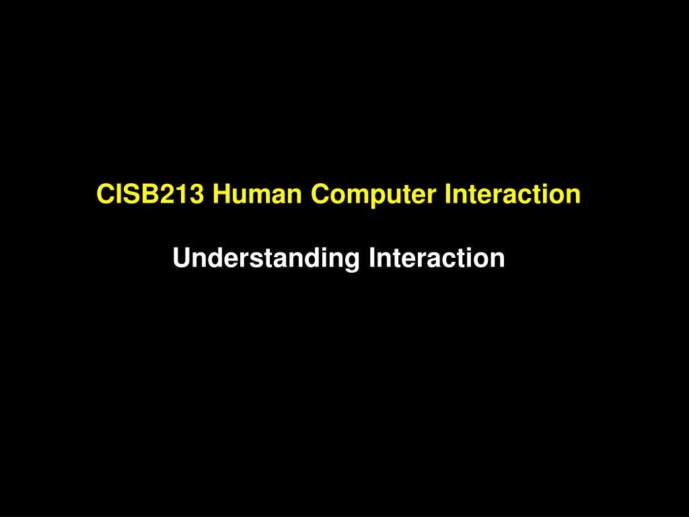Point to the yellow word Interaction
pyautogui.click(x=511, y=195)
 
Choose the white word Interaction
pyautogui.click(x=436, y=258)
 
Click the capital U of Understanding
pyautogui.click(x=181, y=258)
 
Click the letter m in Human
pyautogui.click(x=258, y=196)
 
